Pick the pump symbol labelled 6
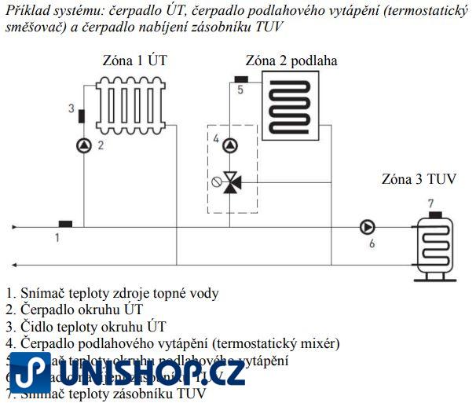point(367,227)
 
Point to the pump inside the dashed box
point(229,145)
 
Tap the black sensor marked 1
point(66,224)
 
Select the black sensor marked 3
point(82,115)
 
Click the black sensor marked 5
point(242,79)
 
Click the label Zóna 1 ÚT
point(135,60)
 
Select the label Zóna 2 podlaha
point(291,60)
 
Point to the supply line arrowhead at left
point(13,228)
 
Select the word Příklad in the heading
point(26,9)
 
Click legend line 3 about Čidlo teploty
point(86,327)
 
